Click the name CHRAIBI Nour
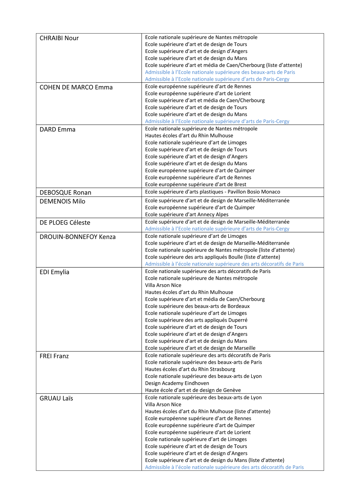coord(59,38)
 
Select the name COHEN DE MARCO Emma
coord(76,87)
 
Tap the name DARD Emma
coord(58,130)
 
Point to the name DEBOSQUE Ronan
coord(66,193)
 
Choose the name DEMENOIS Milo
coord(62,201)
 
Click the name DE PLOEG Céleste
coord(65,223)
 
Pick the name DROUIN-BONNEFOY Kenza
coord(78,237)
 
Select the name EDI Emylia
coord(55,272)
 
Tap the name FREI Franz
coord(54,356)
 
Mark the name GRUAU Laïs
coord(56,398)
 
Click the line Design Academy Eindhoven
coord(177,383)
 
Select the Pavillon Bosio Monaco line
coord(212,192)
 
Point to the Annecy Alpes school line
coord(187,215)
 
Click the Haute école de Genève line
coord(193,390)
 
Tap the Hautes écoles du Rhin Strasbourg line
coord(190,369)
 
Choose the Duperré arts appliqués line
coord(196,320)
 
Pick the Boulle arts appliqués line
coord(212,257)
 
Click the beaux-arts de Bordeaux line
coord(197,306)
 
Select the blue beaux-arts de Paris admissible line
coord(220,72)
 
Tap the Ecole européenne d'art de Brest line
coord(196,185)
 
